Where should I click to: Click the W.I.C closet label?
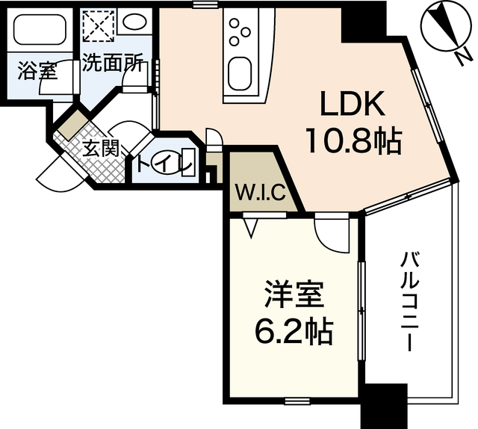coord(258,192)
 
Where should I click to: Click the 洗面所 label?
coord(113,64)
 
